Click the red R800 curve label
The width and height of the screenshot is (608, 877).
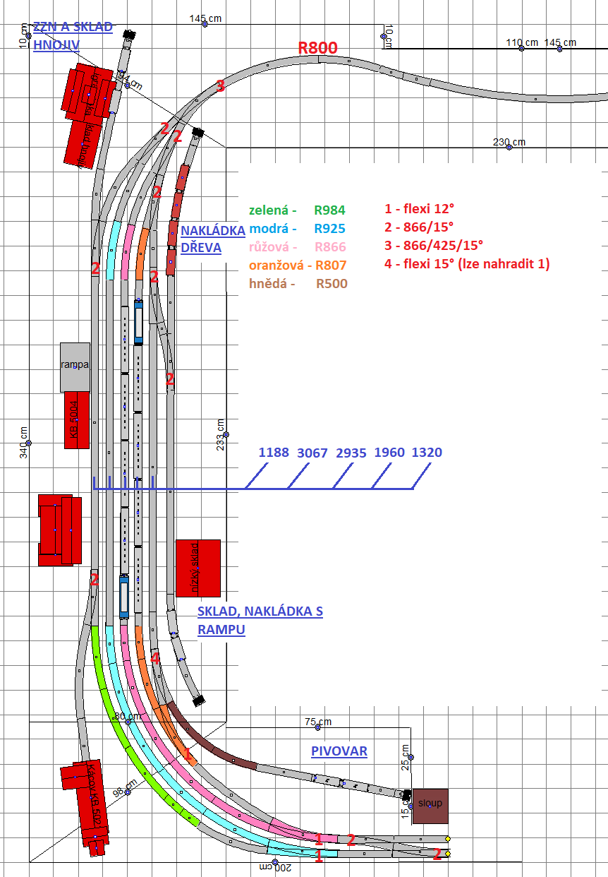click(317, 48)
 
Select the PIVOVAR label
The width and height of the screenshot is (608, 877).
click(339, 751)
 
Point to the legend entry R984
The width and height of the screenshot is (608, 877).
click(330, 210)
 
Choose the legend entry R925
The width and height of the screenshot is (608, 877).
click(330, 229)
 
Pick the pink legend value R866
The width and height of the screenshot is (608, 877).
click(330, 247)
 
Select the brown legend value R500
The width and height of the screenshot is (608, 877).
click(332, 284)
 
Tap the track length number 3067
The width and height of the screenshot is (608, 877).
click(312, 453)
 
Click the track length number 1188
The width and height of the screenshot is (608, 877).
click(274, 453)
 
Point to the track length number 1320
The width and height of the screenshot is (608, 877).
click(427, 453)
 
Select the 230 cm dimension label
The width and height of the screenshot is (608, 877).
click(509, 142)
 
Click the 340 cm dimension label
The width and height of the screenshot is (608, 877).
click(24, 443)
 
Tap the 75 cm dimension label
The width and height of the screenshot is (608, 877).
click(318, 722)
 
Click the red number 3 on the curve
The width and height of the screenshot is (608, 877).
click(220, 87)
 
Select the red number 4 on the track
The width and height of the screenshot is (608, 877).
click(155, 658)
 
